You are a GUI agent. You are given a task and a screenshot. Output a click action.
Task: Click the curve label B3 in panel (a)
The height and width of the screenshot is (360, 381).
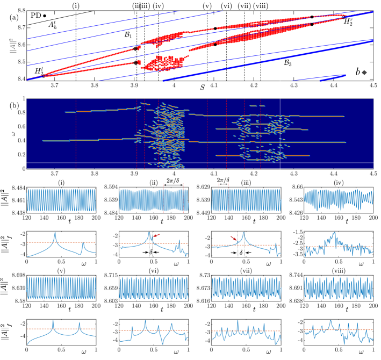(x=288, y=63)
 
